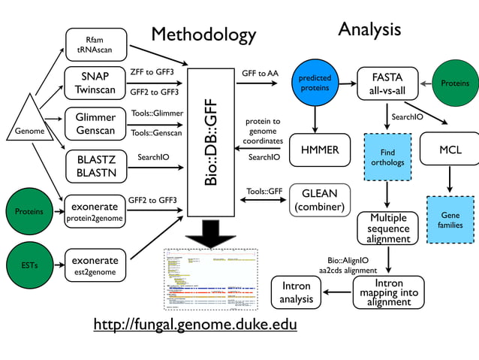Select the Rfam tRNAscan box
[x=95, y=44]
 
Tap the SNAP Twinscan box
[x=95, y=83]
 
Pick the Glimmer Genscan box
[x=95, y=124]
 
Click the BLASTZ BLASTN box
[x=95, y=165]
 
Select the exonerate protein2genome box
[x=95, y=211]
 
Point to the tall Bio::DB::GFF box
[x=212, y=142]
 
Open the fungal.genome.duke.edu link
[x=194, y=325]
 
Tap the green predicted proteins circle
[x=315, y=83]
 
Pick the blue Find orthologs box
[x=387, y=157]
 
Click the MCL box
[x=449, y=151]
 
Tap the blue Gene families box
[x=450, y=219]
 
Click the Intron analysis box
[x=296, y=294]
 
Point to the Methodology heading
[x=203, y=35]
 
